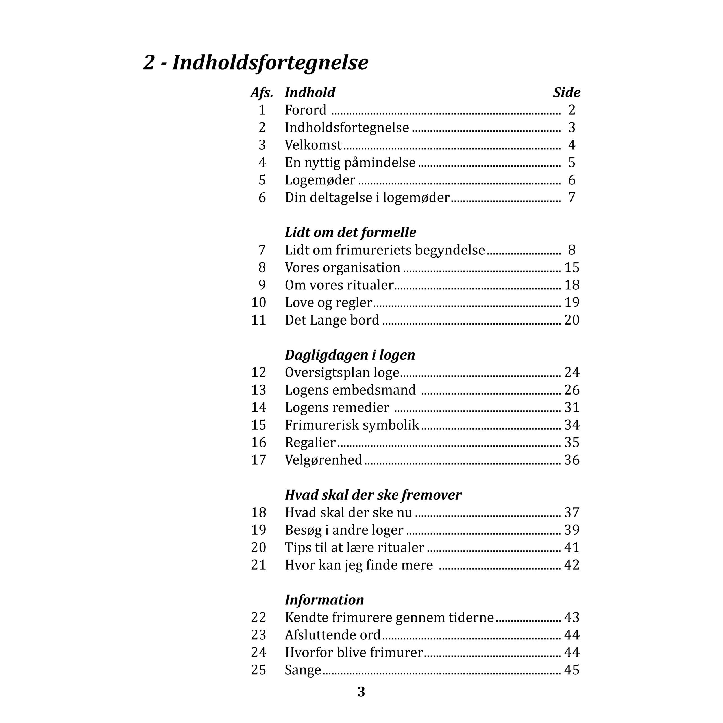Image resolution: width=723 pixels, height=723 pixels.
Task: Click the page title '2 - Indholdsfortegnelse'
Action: click(256, 62)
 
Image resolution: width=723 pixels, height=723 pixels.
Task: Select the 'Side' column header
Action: click(566, 92)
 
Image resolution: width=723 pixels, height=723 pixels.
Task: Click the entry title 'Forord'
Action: click(305, 110)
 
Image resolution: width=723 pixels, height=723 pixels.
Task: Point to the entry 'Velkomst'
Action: click(313, 145)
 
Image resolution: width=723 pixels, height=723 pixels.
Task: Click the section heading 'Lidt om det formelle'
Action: click(350, 232)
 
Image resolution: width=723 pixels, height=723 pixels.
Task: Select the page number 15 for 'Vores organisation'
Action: click(571, 267)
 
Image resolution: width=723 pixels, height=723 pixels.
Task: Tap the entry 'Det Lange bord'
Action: click(332, 320)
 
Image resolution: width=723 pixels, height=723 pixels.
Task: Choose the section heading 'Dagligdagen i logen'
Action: click(350, 355)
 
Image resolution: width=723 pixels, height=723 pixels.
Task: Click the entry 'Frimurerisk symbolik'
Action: click(352, 425)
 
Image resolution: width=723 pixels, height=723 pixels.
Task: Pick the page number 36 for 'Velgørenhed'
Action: click(571, 460)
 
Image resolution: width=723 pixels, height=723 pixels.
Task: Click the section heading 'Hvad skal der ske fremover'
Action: click(373, 495)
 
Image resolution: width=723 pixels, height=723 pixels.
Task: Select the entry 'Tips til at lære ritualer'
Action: click(354, 548)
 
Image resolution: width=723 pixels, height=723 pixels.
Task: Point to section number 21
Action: click(259, 565)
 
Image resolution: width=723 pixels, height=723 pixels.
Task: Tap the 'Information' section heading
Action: click(324, 600)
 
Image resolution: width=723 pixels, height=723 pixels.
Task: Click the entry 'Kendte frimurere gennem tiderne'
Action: click(389, 617)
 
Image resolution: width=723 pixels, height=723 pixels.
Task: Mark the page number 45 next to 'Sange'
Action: click(571, 670)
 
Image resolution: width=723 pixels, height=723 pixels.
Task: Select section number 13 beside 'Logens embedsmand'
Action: click(259, 390)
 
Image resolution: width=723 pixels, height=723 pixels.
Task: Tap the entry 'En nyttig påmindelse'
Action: click(350, 162)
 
